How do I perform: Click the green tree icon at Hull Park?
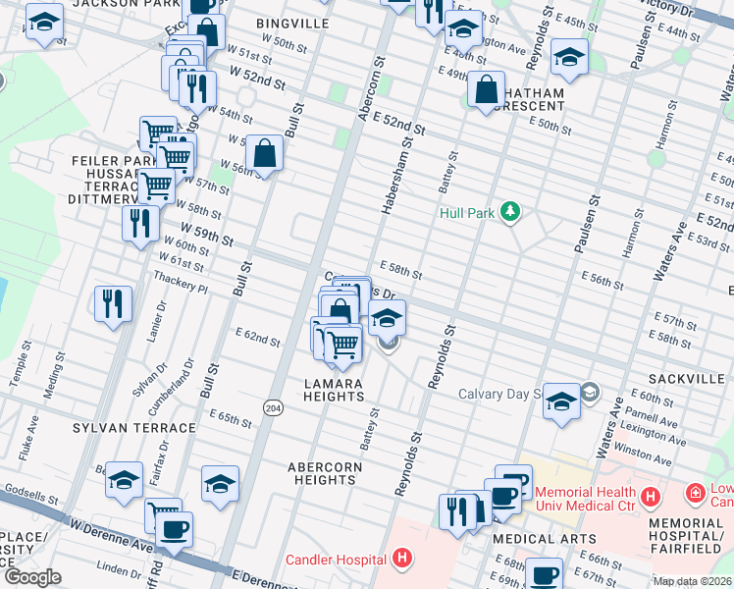pyautogui.click(x=509, y=211)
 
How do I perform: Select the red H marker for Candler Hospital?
pyautogui.click(x=400, y=560)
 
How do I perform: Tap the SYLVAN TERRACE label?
pyautogui.click(x=133, y=428)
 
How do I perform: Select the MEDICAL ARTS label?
pyautogui.click(x=544, y=539)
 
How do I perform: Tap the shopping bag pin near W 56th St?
pyautogui.click(x=264, y=153)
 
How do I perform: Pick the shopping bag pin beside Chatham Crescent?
pyautogui.click(x=486, y=91)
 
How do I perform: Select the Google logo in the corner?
pyautogui.click(x=32, y=577)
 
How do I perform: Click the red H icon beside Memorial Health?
pyautogui.click(x=651, y=497)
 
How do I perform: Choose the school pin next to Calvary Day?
pyautogui.click(x=561, y=402)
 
